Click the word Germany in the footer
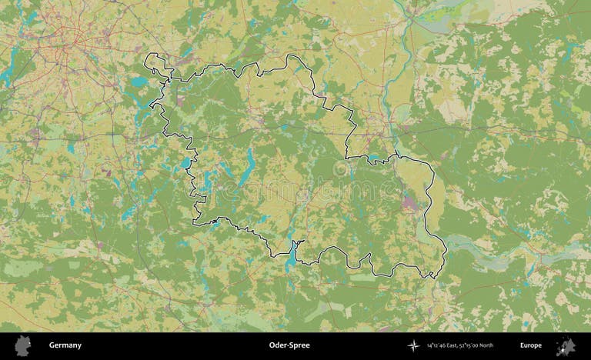point(65,345)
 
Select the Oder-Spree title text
point(289,345)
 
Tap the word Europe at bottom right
point(530,345)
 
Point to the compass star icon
point(415,345)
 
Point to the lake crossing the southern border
point(292,255)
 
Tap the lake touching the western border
point(187,162)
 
